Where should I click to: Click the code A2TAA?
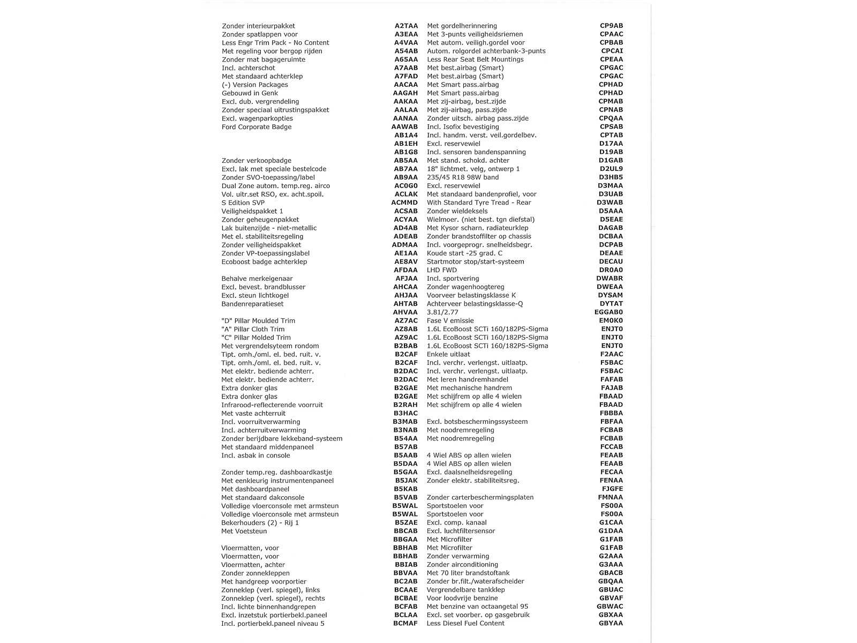406,26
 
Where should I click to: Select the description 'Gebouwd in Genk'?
250,93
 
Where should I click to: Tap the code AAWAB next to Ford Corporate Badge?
404,127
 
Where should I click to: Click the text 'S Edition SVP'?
243,203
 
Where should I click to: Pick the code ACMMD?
404,203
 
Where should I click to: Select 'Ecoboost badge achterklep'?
264,262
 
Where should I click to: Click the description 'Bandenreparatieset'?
252,304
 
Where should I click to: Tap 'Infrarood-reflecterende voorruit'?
272,405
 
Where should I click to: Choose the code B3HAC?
405,414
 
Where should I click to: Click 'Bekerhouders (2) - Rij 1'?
260,523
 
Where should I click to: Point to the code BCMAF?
405,624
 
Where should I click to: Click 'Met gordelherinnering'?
462,26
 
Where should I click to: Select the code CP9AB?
611,26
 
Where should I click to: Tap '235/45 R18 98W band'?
463,177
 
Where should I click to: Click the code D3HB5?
611,177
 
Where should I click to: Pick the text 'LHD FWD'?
442,270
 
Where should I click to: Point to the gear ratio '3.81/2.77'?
442,312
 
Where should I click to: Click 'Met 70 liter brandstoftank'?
468,573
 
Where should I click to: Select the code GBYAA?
611,624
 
